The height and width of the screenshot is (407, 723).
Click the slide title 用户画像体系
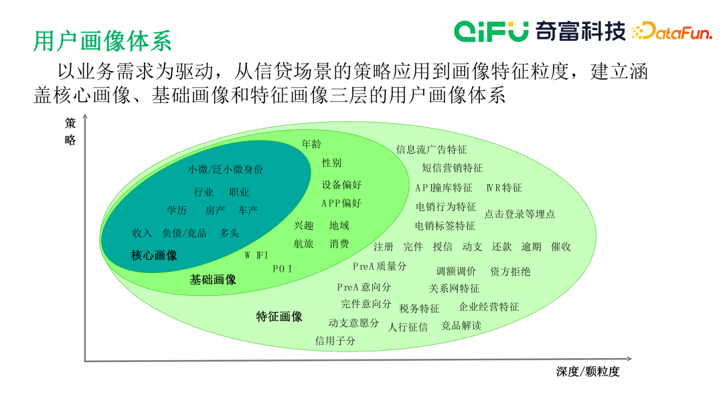(102, 40)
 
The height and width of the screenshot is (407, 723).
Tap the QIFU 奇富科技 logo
(540, 31)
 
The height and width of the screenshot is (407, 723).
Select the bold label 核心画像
(154, 255)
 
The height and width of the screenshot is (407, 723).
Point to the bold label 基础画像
(213, 279)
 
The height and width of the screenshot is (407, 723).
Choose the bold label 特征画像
(279, 316)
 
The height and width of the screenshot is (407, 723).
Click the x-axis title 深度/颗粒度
(587, 372)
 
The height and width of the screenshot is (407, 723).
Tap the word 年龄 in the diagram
(311, 144)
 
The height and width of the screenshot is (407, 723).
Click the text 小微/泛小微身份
(226, 169)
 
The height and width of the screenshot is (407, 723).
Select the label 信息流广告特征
(431, 149)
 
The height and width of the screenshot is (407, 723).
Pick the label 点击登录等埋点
(519, 214)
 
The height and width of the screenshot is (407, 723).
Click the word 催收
(560, 246)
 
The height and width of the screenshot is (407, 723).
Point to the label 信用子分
(335, 341)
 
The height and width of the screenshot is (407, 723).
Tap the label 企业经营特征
(489, 307)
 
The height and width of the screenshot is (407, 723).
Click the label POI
(283, 268)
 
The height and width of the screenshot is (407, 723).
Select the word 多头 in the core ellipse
(229, 233)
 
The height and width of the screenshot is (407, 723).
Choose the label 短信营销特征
(452, 168)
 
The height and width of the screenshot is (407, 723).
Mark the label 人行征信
(408, 327)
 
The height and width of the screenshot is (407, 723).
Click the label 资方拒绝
(510, 271)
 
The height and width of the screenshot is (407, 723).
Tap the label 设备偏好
(341, 184)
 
